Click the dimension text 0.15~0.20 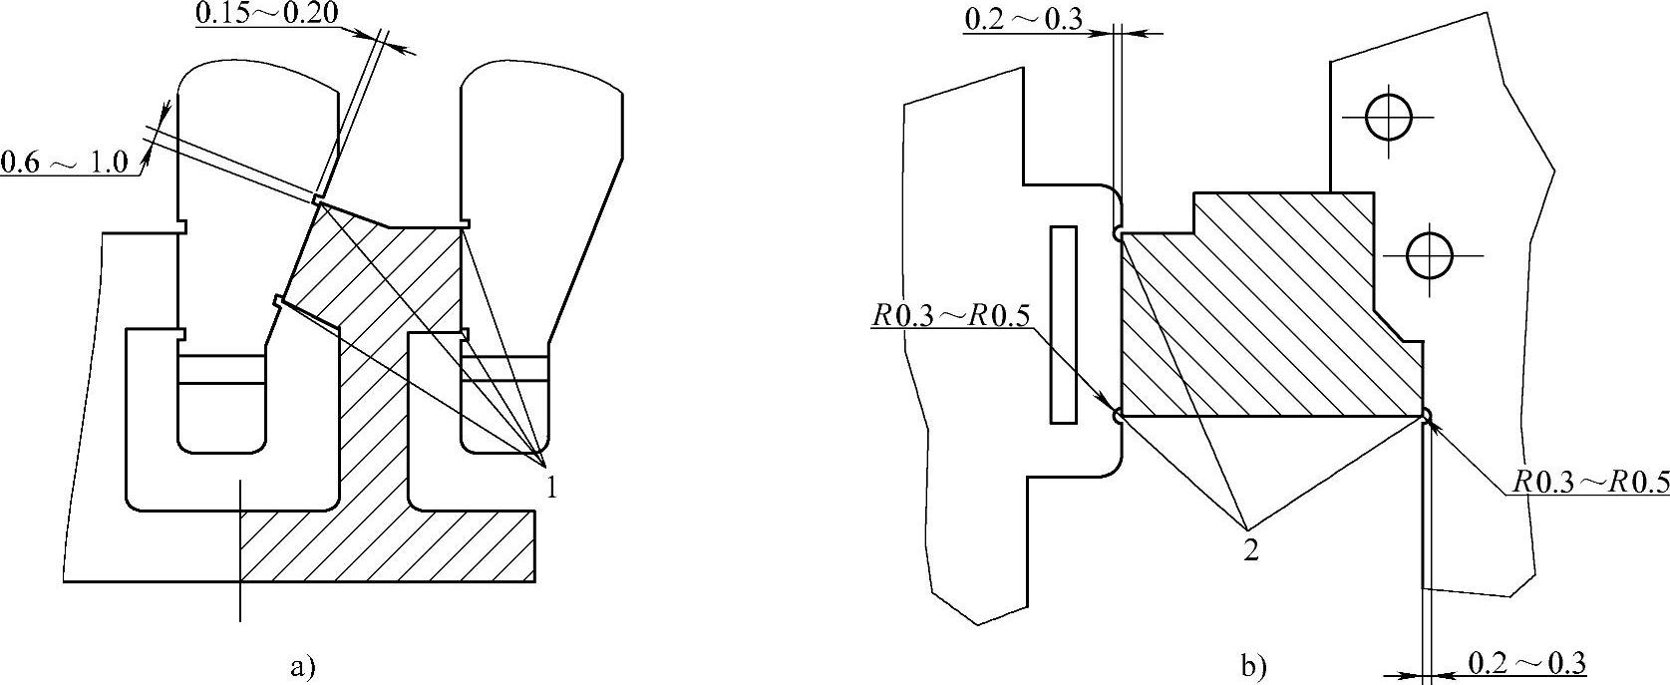266,13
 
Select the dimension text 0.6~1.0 65,162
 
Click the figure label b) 1253,666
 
